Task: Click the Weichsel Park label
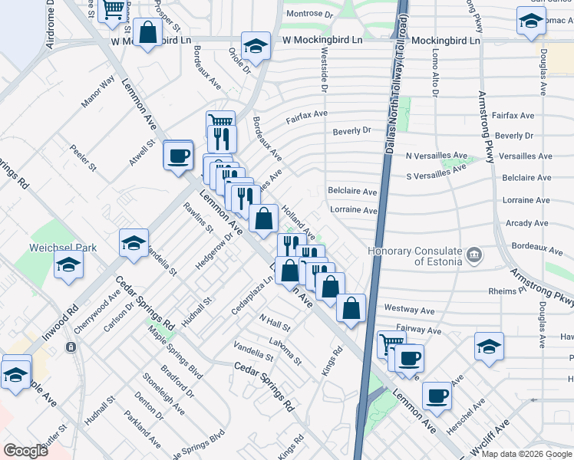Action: (63, 248)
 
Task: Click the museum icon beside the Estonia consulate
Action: (474, 254)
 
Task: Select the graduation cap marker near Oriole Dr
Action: (256, 45)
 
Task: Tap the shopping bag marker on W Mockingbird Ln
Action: (148, 34)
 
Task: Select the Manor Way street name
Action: (98, 90)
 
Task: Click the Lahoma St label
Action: (285, 347)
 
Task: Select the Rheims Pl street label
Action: (506, 291)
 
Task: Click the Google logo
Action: (25, 450)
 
